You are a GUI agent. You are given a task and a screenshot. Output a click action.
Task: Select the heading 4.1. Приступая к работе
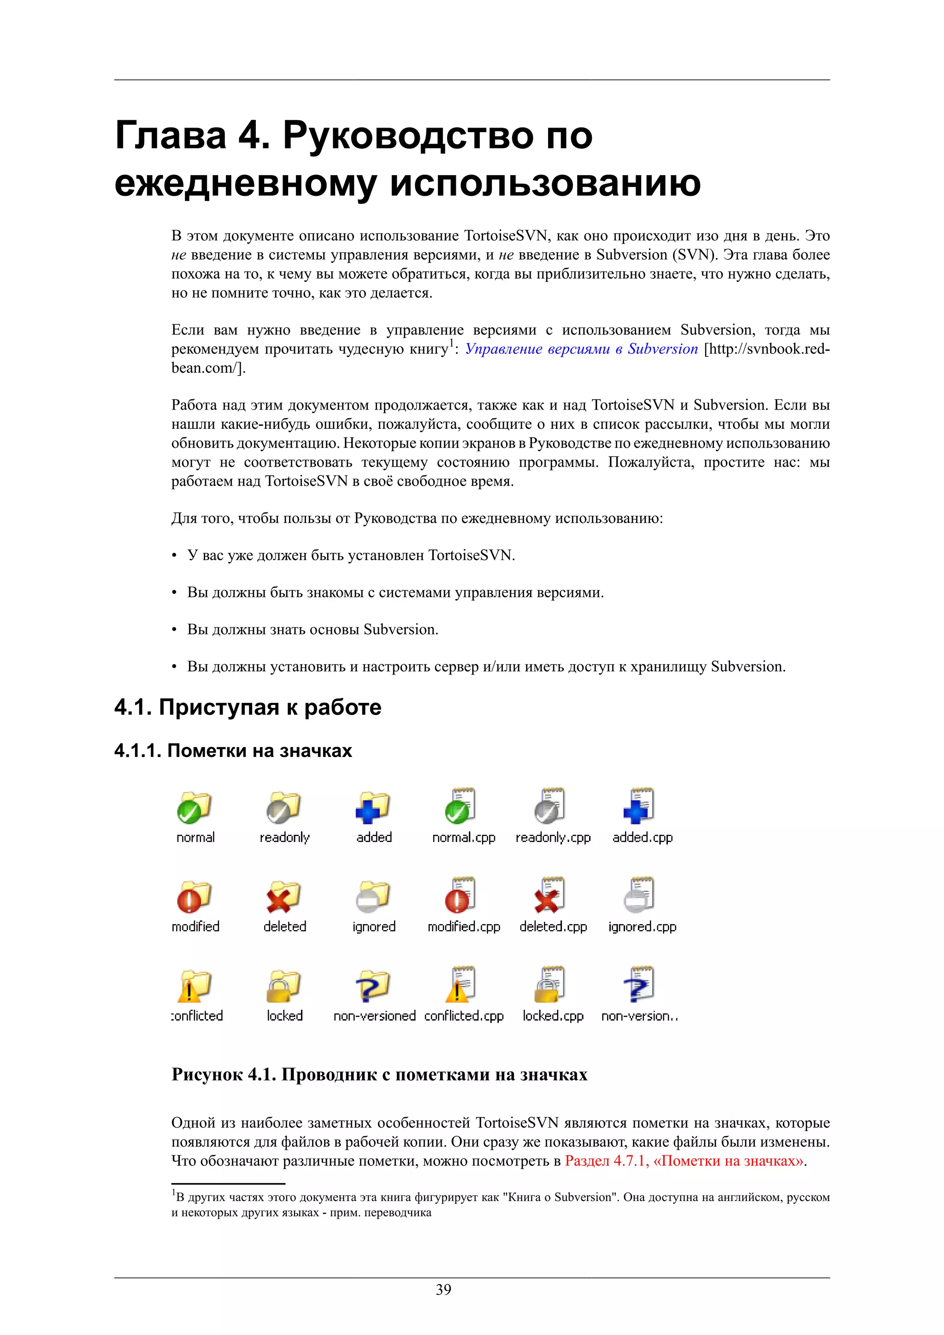248,707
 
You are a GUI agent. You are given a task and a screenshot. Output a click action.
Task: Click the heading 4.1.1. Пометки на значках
233,750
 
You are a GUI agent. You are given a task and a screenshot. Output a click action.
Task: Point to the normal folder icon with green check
194,807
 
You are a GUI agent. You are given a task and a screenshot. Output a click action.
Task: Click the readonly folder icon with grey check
283,807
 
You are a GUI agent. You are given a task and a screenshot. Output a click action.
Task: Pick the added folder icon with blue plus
372,807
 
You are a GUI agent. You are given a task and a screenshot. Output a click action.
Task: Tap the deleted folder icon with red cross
283,896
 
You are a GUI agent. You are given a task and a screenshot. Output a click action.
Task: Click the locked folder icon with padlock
283,986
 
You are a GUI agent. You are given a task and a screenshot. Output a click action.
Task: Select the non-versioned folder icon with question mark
372,986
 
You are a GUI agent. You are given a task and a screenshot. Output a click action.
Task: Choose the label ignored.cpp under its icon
642,927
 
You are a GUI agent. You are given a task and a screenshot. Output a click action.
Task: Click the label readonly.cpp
553,838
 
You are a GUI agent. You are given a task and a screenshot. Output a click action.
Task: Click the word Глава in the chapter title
171,135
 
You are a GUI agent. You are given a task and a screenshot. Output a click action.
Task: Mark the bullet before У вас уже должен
174,556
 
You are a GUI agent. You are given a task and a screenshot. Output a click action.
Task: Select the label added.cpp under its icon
642,838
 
